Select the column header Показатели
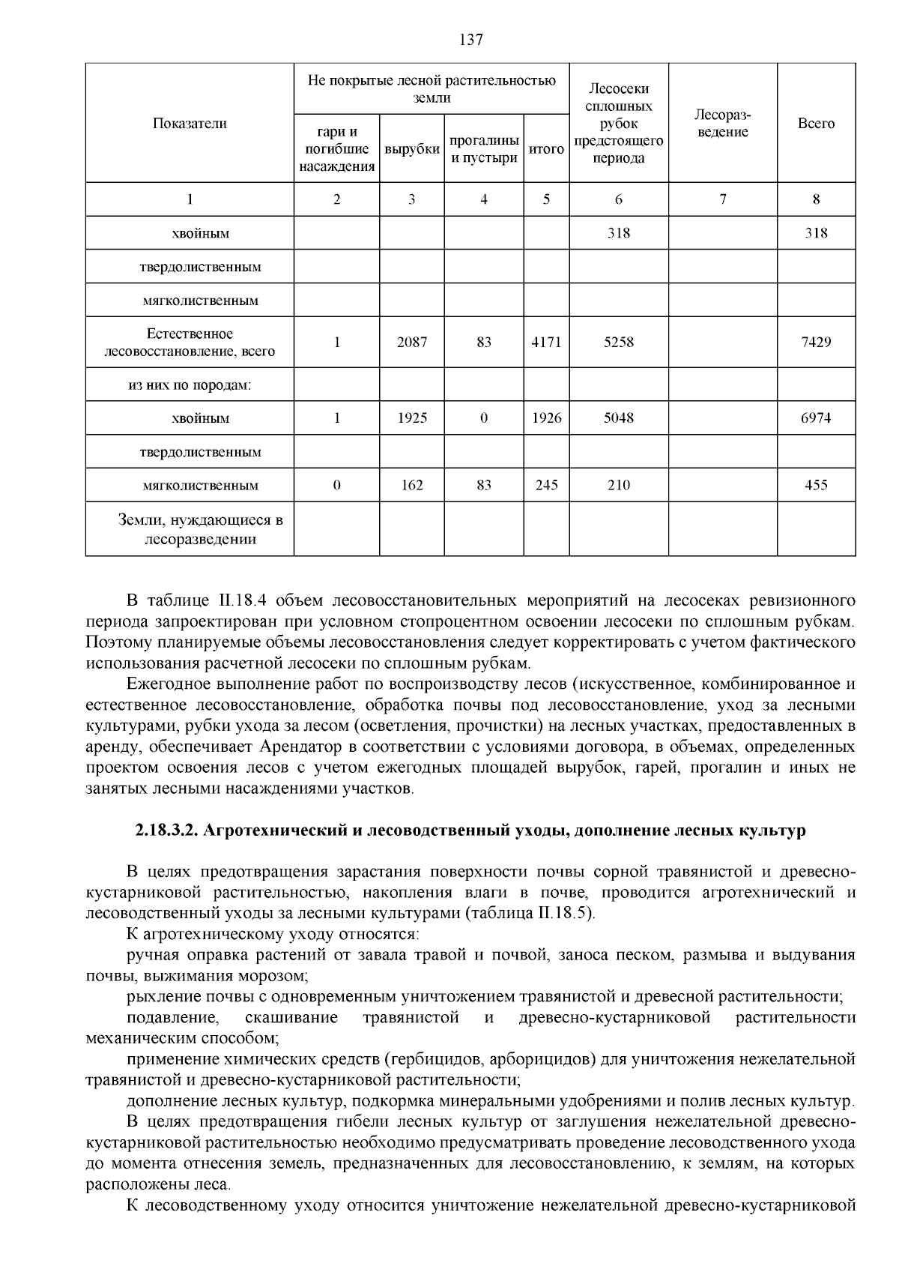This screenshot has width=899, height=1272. pyautogui.click(x=190, y=124)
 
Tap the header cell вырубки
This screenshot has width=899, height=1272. pyautogui.click(x=412, y=149)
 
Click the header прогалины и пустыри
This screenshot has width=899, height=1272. pyautogui.click(x=484, y=149)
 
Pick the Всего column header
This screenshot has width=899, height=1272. pyautogui.click(x=816, y=124)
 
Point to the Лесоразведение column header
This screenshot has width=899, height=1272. pyautogui.click(x=722, y=124)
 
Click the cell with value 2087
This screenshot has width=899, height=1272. pyautogui.click(x=412, y=342)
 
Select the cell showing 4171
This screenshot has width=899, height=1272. pyautogui.click(x=546, y=342)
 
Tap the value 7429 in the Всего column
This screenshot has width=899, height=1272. pyautogui.click(x=816, y=342)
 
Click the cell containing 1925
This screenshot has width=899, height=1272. pyautogui.click(x=412, y=418)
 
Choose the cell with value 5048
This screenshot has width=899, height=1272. pyautogui.click(x=619, y=418)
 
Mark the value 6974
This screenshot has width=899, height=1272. pyautogui.click(x=816, y=418)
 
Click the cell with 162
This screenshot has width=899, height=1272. pyautogui.click(x=412, y=485)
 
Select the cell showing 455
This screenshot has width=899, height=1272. pyautogui.click(x=816, y=485)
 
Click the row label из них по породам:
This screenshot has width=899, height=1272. pyautogui.click(x=190, y=385)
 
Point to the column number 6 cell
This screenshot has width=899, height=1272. pyautogui.click(x=619, y=199)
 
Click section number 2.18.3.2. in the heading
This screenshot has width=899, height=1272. pyautogui.click(x=167, y=831)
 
